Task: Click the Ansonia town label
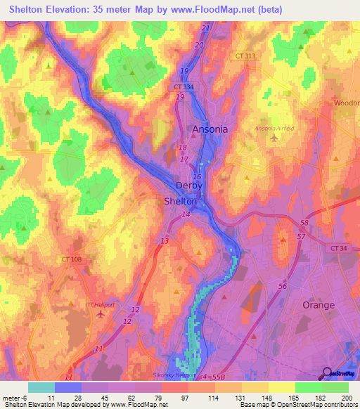point(210,129)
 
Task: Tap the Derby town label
point(188,186)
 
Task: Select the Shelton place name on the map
point(180,201)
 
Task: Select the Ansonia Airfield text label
point(276,128)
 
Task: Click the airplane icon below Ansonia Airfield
point(274,138)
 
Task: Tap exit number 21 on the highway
point(205,28)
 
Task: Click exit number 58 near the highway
point(304,222)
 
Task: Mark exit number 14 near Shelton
point(186,214)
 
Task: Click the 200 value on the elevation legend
point(345,397)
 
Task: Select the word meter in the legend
point(12,397)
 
